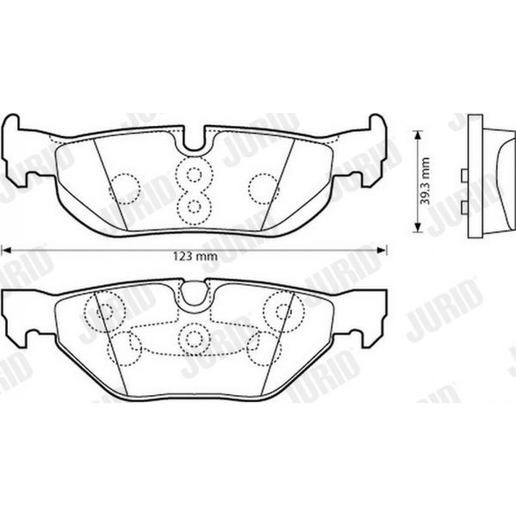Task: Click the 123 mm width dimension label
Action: pos(195,256)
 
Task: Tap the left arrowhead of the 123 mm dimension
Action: pos(7,251)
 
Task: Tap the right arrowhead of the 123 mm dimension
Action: pos(382,251)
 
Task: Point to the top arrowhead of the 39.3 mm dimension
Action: pos(417,135)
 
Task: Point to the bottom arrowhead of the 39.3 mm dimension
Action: pos(417,228)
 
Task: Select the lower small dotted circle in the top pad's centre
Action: pos(194,206)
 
